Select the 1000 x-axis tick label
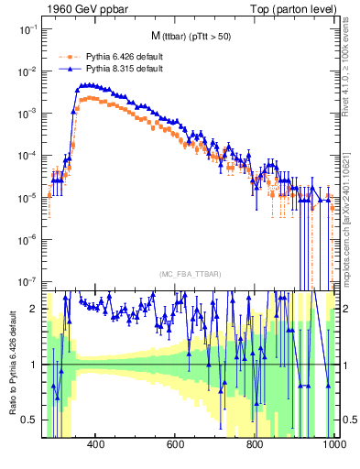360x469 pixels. [x=333, y=445]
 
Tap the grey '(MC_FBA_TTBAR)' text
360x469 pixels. [x=188, y=275]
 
